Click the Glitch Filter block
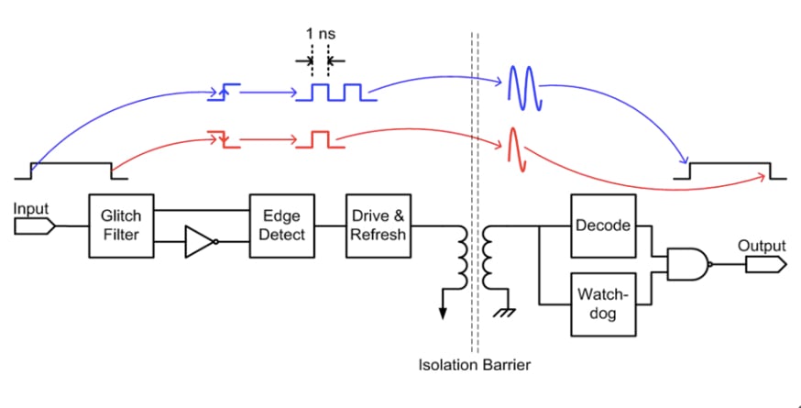[x=121, y=226]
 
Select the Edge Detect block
[x=281, y=226]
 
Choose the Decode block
[x=602, y=226]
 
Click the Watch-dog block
[x=602, y=303]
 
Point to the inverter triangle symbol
[x=200, y=243]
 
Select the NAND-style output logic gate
[x=688, y=263]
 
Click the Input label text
[x=30, y=209]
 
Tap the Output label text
[x=762, y=246]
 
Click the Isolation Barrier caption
[x=475, y=365]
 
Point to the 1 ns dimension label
[x=321, y=34]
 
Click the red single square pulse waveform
[x=320, y=138]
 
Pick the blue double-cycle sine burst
[x=524, y=89]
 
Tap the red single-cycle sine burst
[x=516, y=149]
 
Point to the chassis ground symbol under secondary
[x=503, y=312]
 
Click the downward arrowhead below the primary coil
[x=444, y=313]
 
